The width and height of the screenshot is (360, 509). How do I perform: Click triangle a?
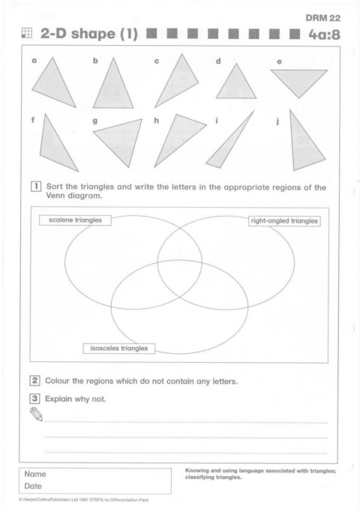(52, 84)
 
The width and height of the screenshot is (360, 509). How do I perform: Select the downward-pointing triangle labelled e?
(299, 79)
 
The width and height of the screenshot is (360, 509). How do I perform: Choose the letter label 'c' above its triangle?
(157, 61)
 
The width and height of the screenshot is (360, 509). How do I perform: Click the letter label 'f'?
(33, 120)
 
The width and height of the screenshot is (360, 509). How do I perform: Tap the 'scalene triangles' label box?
(75, 220)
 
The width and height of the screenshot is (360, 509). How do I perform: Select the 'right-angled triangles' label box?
(284, 221)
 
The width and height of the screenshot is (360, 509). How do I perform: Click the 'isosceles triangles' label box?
(119, 349)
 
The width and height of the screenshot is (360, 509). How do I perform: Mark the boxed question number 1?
(36, 187)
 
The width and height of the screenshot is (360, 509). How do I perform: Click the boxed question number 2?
(34, 381)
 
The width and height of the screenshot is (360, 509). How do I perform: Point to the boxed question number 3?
(34, 398)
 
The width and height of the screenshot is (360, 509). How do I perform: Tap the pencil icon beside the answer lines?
(37, 415)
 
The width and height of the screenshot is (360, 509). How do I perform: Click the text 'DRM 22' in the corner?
(323, 18)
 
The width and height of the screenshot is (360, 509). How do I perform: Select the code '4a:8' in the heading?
(324, 34)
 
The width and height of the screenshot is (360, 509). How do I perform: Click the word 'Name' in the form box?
(35, 475)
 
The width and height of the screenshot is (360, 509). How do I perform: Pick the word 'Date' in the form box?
(33, 486)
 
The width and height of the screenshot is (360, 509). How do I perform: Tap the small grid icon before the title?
(27, 33)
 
